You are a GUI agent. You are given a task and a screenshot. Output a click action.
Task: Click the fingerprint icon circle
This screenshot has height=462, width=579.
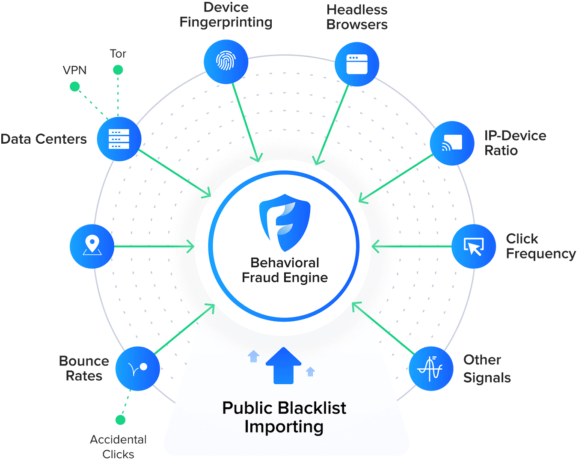226,61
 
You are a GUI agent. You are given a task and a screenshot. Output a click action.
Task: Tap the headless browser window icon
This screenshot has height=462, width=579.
357,64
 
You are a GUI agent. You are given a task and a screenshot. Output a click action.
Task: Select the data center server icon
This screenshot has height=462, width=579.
119,139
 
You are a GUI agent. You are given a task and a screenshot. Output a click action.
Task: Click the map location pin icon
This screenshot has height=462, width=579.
92,246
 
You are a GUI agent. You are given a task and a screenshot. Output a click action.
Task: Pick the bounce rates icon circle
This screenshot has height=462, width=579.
137,368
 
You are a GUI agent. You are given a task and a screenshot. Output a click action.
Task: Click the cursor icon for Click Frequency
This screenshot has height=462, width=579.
474,246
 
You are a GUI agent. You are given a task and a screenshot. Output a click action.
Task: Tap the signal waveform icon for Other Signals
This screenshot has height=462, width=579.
431,368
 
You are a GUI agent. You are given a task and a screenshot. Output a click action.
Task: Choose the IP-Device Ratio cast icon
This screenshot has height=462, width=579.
452,143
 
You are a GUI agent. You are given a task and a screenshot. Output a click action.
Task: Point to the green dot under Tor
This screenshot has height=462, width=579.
118,70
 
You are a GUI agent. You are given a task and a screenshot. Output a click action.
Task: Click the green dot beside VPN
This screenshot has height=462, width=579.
75,87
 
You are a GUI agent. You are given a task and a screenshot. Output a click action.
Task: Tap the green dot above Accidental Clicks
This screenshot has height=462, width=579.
121,420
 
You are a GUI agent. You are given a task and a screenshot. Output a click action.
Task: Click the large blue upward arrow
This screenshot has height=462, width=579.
284,366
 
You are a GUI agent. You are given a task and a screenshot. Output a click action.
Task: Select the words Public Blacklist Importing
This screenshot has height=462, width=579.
284,417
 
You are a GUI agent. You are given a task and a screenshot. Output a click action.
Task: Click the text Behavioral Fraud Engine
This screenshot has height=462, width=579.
285,270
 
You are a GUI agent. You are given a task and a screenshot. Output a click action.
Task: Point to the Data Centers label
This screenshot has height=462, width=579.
44,139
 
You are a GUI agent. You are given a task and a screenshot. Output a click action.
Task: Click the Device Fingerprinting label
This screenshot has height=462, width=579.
226,15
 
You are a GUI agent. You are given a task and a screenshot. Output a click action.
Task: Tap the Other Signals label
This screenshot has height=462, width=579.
487,369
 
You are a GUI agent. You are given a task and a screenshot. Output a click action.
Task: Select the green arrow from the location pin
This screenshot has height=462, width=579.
154,246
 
